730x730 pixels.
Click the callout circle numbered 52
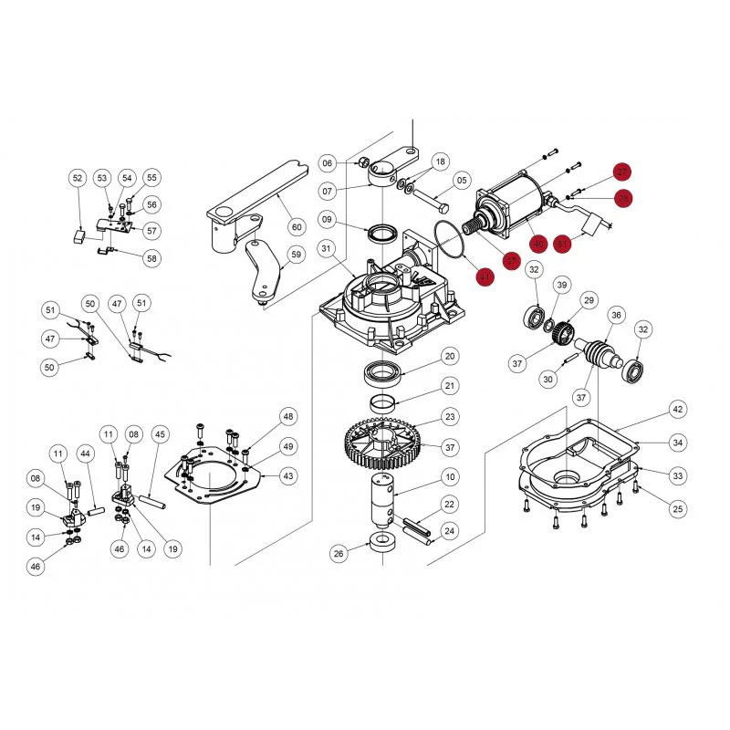point(77,178)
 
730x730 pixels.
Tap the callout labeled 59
point(295,255)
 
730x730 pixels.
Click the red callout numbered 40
point(537,244)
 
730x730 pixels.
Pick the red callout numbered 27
point(621,172)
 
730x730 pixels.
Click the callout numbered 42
point(676,409)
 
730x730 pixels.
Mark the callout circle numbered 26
point(339,552)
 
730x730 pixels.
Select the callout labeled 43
point(288,475)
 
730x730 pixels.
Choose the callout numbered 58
point(151,258)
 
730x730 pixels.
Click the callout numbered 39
point(562,286)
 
